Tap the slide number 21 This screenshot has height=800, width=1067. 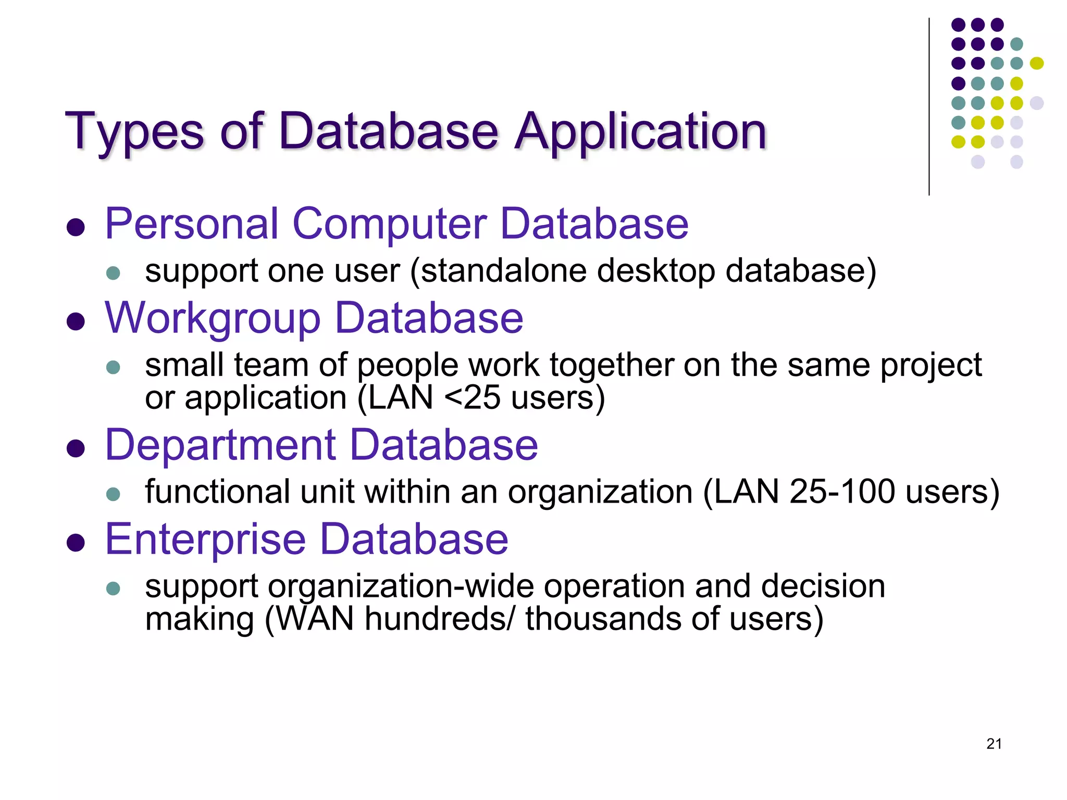994,744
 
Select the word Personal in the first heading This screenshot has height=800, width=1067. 192,224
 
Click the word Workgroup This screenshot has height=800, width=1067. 212,319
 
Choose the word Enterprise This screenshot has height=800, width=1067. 205,540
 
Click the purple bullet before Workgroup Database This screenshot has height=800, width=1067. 76,321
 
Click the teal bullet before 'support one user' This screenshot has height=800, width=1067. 113,273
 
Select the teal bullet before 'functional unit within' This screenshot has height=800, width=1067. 113,494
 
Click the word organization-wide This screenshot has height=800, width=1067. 401,586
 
